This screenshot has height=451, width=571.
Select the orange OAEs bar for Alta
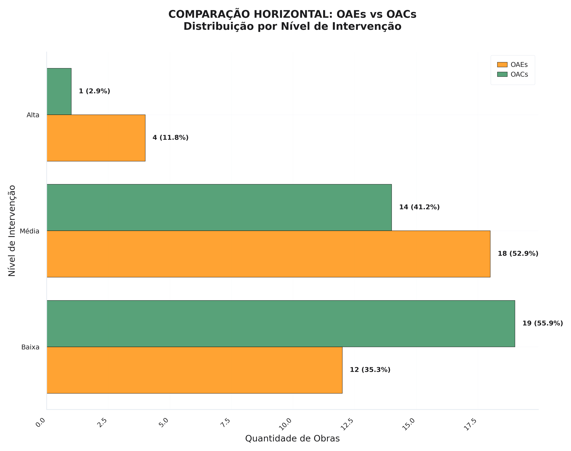point(96,138)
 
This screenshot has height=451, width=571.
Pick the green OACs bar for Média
point(219,207)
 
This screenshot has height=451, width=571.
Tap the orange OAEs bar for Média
point(268,254)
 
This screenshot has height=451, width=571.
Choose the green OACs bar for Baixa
point(281,323)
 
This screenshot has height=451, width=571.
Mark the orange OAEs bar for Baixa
point(194,370)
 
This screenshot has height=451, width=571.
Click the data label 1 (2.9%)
point(94,91)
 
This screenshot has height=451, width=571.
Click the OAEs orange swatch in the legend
point(502,65)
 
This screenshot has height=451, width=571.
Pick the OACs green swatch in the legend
point(502,74)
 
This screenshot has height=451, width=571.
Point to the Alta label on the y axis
point(33,115)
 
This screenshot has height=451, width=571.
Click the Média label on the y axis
point(30,231)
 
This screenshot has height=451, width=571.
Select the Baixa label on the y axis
point(30,347)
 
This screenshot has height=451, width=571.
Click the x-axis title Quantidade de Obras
point(292,439)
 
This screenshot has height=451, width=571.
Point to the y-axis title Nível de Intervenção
point(12,231)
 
